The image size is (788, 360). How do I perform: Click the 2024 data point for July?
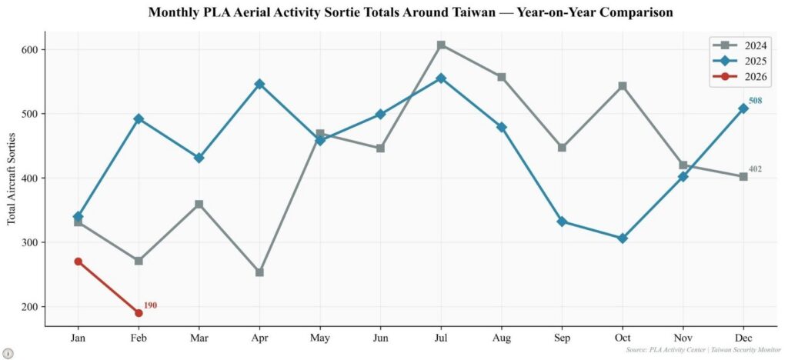click(x=441, y=45)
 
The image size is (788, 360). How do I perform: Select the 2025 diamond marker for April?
click(x=259, y=84)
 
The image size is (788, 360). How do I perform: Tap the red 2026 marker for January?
click(x=78, y=262)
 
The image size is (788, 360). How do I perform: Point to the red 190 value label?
click(x=151, y=305)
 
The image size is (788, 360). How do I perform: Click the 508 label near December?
click(x=756, y=101)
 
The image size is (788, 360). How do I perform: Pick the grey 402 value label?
click(x=756, y=168)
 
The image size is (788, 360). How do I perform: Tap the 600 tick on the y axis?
click(x=29, y=50)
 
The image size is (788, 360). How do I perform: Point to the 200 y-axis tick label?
click(x=29, y=307)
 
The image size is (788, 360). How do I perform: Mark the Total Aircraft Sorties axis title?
click(x=12, y=178)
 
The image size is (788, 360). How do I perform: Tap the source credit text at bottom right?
click(x=703, y=350)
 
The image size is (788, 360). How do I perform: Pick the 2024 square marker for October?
click(x=623, y=86)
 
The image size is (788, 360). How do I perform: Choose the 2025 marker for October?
click(x=623, y=238)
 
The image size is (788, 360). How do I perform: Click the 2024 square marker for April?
click(x=259, y=272)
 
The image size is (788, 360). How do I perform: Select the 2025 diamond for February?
click(x=139, y=118)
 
